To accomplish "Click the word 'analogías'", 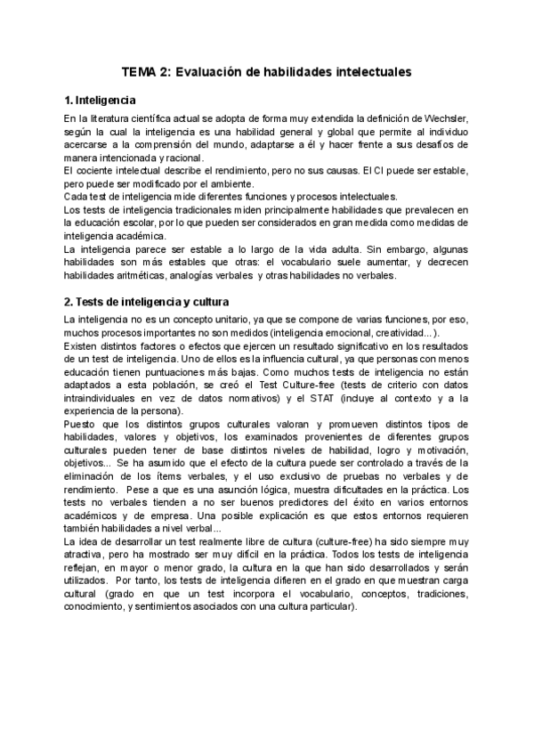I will tap(195, 275).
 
